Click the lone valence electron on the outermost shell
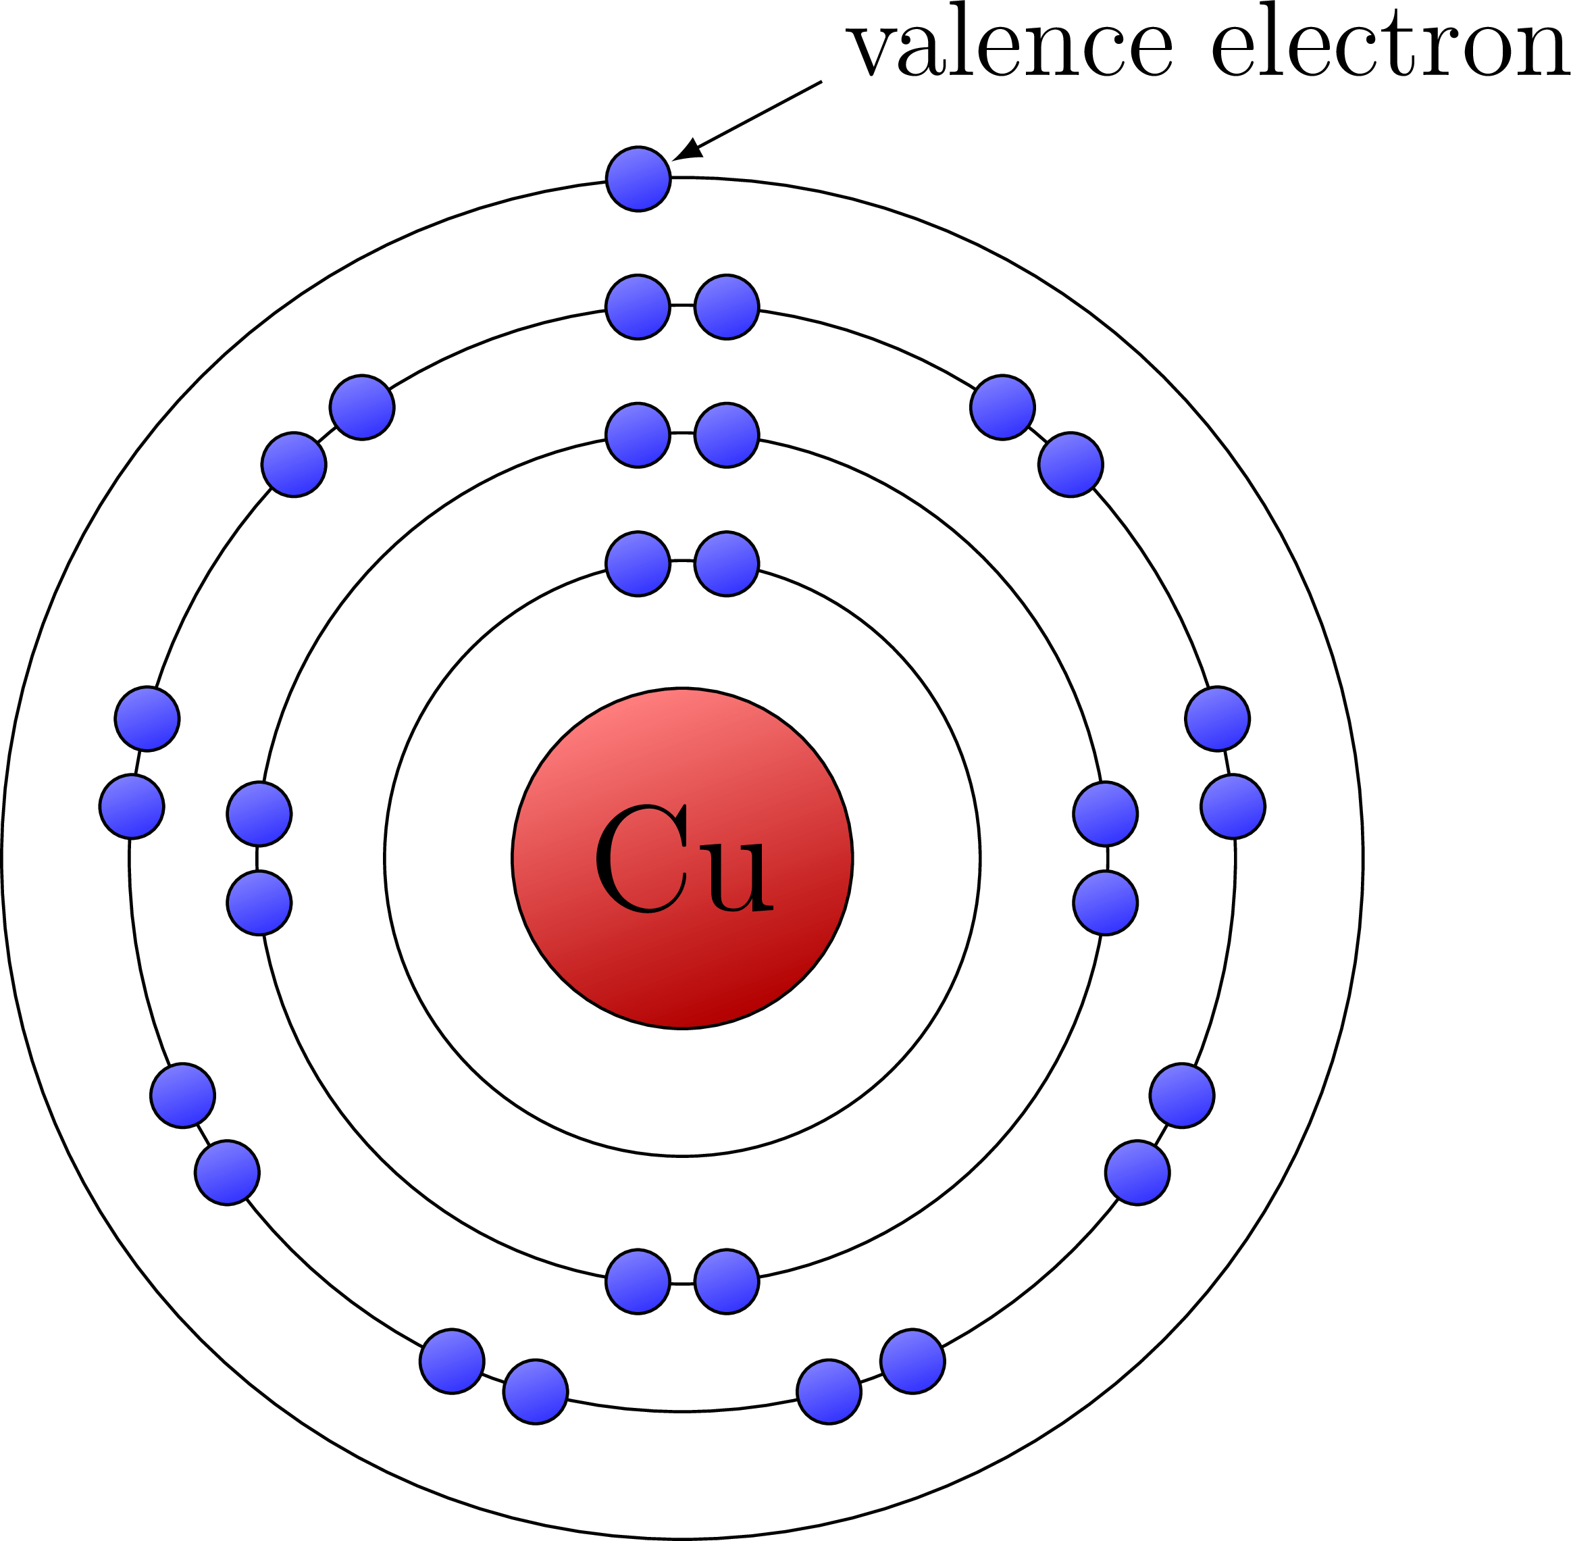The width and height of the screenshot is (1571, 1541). tap(638, 179)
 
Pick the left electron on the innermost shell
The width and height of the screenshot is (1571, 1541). tap(638, 564)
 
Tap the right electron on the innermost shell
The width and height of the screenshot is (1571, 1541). tap(727, 564)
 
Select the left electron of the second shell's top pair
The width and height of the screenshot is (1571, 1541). tap(638, 436)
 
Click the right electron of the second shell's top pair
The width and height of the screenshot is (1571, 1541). tap(727, 436)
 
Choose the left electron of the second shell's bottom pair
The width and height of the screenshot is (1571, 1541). tap(638, 1281)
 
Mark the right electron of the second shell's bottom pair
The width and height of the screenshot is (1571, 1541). tap(727, 1281)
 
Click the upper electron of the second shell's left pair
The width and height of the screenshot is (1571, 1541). tap(259, 814)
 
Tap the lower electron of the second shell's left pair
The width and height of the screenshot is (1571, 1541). tap(259, 903)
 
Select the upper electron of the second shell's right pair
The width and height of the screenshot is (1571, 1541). tap(1106, 814)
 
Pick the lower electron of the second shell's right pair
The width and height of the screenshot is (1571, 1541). tap(1106, 903)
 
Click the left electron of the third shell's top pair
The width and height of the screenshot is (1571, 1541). tap(638, 307)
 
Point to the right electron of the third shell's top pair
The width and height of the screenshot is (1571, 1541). tap(727, 307)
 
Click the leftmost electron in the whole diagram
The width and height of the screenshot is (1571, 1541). tap(132, 806)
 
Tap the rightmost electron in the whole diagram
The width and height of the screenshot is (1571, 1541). tap(1233, 806)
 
